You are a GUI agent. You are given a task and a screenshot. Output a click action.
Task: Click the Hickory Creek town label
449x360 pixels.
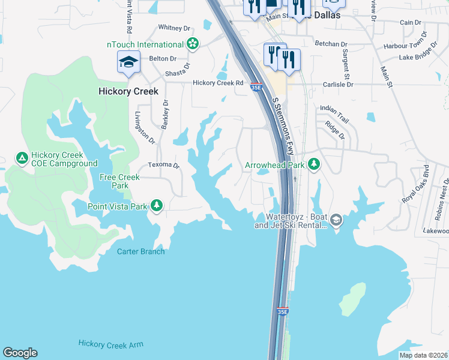[128, 91]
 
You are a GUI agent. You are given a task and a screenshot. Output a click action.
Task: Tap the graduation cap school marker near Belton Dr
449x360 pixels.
[128, 62]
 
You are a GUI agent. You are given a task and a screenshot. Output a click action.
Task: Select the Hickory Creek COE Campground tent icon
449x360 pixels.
[22, 158]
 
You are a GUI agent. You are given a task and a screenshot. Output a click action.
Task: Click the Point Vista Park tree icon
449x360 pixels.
[157, 206]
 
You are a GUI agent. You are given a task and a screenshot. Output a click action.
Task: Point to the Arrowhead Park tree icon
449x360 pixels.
[313, 164]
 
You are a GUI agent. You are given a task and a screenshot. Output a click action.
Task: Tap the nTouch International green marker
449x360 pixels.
[193, 44]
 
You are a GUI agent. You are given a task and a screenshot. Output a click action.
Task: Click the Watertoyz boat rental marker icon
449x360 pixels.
[336, 220]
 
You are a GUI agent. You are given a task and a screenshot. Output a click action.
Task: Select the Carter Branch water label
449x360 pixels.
[140, 251]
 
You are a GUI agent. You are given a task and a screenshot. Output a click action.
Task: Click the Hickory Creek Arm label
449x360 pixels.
[110, 344]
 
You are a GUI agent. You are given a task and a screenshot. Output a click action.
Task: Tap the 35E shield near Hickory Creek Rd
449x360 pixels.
[256, 86]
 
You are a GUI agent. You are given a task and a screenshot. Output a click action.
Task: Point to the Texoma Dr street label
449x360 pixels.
[164, 165]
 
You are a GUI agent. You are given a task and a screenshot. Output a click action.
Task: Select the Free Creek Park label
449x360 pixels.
[119, 181]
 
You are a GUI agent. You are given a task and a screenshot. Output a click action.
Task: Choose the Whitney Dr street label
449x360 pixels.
[173, 28]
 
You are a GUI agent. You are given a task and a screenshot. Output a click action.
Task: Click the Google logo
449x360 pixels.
[20, 353]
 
